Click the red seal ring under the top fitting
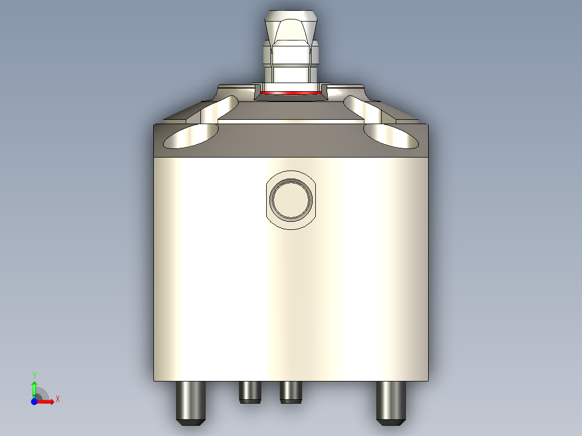(290, 93)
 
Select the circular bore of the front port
(291, 200)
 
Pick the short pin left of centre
(249, 391)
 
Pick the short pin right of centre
(290, 391)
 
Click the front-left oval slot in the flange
(191, 135)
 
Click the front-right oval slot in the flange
(391, 135)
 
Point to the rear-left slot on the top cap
(219, 108)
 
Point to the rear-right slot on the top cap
(363, 108)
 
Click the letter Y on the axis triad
(34, 374)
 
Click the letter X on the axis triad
(58, 399)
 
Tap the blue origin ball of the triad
(34, 402)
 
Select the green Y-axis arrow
(34, 387)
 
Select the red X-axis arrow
(46, 402)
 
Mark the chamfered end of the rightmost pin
(390, 421)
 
